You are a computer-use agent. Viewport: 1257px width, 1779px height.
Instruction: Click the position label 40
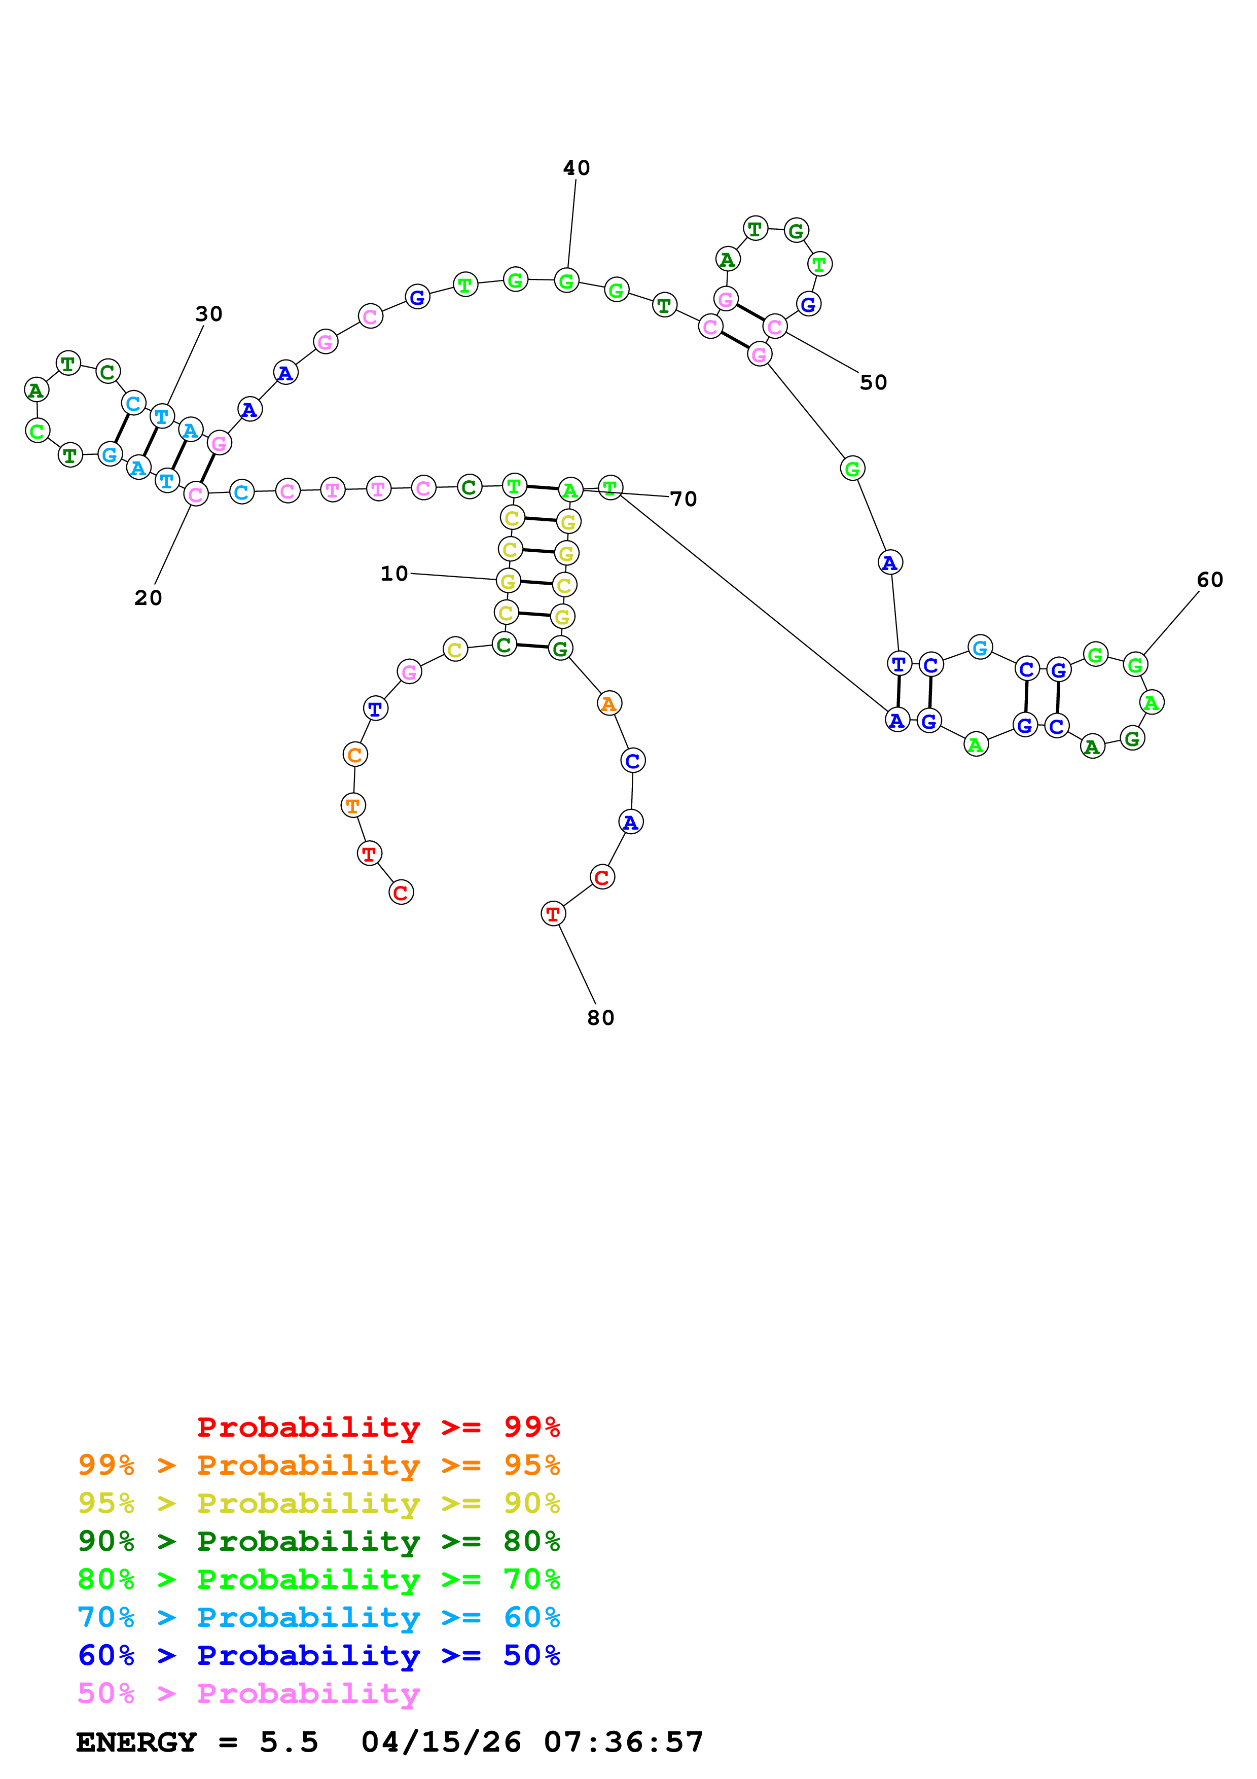coord(576,168)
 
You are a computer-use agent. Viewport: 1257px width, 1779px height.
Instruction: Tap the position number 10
coord(393,574)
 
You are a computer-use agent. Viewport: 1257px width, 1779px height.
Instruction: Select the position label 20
coord(148,598)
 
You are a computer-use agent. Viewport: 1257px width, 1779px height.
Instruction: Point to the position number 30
coord(208,314)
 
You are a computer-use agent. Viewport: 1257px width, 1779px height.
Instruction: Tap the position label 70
coord(683,499)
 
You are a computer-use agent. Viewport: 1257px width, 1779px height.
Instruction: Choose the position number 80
coord(600,1018)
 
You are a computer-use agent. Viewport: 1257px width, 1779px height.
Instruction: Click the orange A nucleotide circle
coord(609,703)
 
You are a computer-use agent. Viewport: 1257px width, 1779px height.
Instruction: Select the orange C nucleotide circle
coord(355,755)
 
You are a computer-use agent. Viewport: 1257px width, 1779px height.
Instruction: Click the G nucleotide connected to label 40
coord(567,280)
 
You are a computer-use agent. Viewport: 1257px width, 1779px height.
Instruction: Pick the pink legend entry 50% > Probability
coord(248,1693)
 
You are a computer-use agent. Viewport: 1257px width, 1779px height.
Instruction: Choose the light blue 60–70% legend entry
coord(318,1617)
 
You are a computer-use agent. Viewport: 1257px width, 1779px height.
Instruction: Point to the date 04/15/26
coord(441,1742)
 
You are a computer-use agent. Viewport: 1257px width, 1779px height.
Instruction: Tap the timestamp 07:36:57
coord(624,1742)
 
